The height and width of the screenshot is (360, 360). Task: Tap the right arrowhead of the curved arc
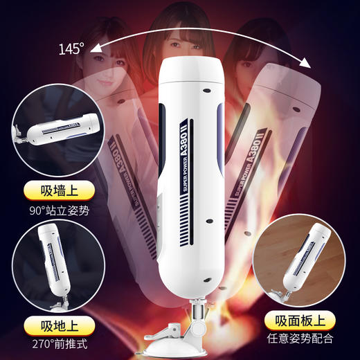(305, 63)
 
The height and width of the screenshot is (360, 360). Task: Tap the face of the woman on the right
(253, 69)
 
